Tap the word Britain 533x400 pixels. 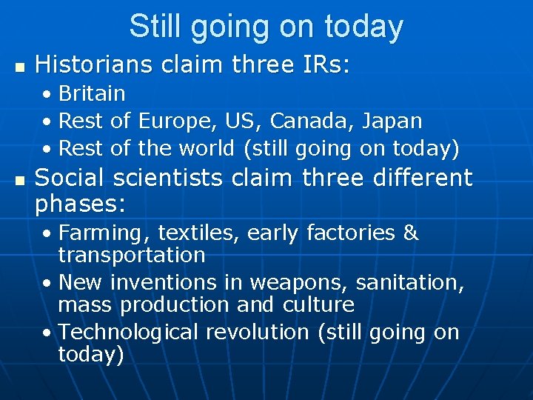pyautogui.click(x=92, y=94)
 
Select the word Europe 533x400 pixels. pyautogui.click(x=169, y=121)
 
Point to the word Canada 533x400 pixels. pyautogui.click(x=309, y=121)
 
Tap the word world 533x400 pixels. pyautogui.click(x=206, y=148)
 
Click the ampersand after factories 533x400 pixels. pyautogui.click(x=411, y=233)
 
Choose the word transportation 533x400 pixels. pyautogui.click(x=131, y=256)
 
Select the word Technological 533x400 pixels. pyautogui.click(x=128, y=333)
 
